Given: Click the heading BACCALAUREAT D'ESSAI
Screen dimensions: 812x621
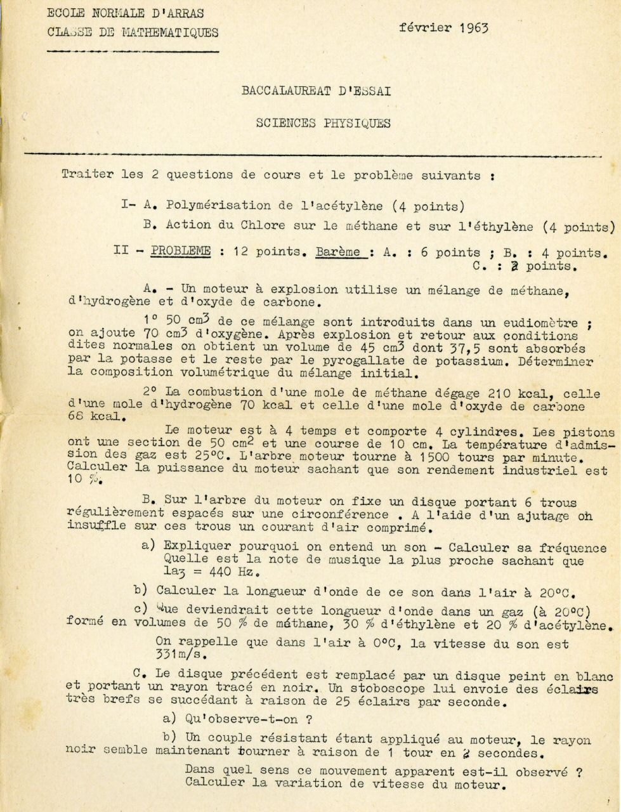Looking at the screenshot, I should (x=315, y=91).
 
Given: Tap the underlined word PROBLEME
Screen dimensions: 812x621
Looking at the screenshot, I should (x=180, y=251).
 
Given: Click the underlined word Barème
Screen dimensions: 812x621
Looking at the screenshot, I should (x=340, y=252).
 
